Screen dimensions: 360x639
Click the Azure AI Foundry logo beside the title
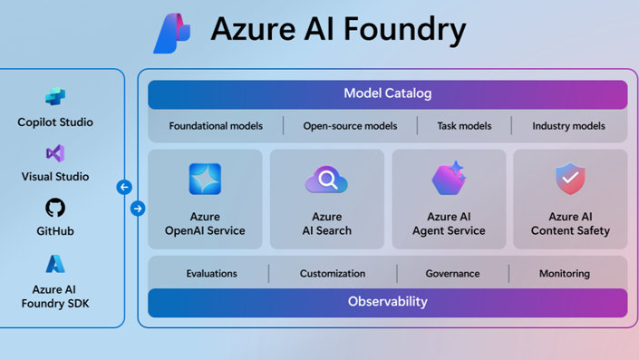tap(172, 34)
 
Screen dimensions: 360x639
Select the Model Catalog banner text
tap(387, 93)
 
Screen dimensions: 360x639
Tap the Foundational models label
tap(216, 126)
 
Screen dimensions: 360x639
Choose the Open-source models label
tap(350, 126)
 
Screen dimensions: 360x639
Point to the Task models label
tap(464, 126)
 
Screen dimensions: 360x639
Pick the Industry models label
tap(568, 126)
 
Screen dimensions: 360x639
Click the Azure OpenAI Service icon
tap(205, 180)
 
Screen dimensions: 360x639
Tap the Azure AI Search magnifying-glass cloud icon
tap(326, 180)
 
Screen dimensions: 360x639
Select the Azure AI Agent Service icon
tap(449, 180)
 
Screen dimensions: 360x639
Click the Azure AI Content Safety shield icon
tap(570, 180)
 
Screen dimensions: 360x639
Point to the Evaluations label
tap(211, 273)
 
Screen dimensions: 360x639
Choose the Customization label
tap(333, 273)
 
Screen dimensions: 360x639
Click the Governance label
tap(452, 273)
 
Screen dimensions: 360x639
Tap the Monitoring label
tap(564, 273)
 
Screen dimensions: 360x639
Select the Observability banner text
tap(387, 302)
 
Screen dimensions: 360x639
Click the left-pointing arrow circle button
tap(124, 188)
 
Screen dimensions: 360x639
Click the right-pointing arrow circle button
tap(138, 209)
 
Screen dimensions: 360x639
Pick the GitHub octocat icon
tap(55, 208)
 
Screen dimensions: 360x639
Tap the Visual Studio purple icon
tap(55, 152)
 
